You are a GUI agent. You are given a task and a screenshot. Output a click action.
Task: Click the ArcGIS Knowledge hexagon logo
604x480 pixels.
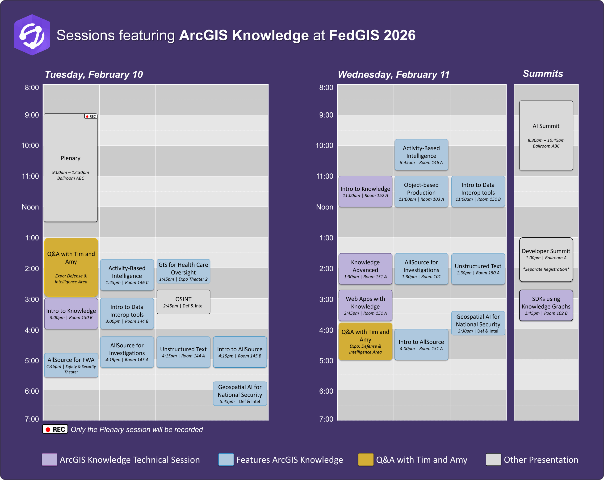click(x=32, y=35)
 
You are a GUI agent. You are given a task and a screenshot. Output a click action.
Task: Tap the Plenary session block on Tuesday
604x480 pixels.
click(x=71, y=168)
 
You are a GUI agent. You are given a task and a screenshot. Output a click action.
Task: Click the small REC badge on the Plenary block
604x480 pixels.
click(x=91, y=116)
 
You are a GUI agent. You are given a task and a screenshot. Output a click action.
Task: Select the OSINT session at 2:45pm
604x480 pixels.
click(x=183, y=302)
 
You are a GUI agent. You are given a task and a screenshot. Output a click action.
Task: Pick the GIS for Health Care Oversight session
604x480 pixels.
click(x=183, y=271)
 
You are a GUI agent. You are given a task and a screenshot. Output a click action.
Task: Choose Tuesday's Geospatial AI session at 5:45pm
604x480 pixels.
click(x=240, y=394)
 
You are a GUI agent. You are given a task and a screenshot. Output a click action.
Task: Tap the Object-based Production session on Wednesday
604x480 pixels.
click(x=421, y=192)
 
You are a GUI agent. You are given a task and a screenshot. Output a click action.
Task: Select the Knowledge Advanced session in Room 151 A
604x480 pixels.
click(x=365, y=269)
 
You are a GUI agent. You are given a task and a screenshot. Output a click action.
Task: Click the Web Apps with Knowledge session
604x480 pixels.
click(x=365, y=305)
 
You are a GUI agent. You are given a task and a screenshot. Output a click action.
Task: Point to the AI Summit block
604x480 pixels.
click(x=546, y=135)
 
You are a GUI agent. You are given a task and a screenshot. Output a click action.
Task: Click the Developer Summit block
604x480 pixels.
click(x=546, y=260)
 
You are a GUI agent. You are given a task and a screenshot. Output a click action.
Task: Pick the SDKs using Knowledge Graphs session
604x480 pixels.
click(x=546, y=305)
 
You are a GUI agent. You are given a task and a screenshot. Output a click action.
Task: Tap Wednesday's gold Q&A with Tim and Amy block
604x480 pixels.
click(x=365, y=341)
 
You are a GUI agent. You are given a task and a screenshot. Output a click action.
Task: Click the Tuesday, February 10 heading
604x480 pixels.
click(x=94, y=75)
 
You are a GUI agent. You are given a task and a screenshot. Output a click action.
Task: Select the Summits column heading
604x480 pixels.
click(x=543, y=74)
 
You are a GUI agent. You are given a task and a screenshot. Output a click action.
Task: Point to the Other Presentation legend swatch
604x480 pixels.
click(x=493, y=459)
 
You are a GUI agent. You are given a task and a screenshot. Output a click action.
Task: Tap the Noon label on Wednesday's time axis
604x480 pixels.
click(x=324, y=207)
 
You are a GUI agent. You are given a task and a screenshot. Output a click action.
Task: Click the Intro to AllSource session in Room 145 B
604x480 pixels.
click(x=240, y=352)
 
